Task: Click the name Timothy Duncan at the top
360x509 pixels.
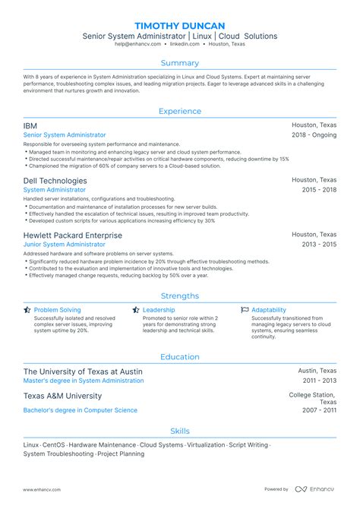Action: [179, 25]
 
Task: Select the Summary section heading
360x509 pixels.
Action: [179, 63]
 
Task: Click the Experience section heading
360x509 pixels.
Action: [179, 111]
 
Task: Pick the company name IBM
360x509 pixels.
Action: [30, 125]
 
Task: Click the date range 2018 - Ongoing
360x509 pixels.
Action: [314, 135]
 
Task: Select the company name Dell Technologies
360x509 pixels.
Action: [55, 181]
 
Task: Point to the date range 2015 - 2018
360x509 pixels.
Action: [319, 191]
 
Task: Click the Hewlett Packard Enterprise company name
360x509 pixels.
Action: [72, 236]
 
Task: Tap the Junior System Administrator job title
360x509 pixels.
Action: [65, 245]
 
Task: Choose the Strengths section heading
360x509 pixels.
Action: [179, 296]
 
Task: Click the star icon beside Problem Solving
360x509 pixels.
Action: [27, 310]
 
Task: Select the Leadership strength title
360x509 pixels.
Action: [159, 310]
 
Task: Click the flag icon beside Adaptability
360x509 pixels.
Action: [245, 310]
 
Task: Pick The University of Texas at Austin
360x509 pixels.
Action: [82, 371]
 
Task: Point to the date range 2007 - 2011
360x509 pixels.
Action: [320, 410]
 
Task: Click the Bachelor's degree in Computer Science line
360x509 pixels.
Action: [81, 410]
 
